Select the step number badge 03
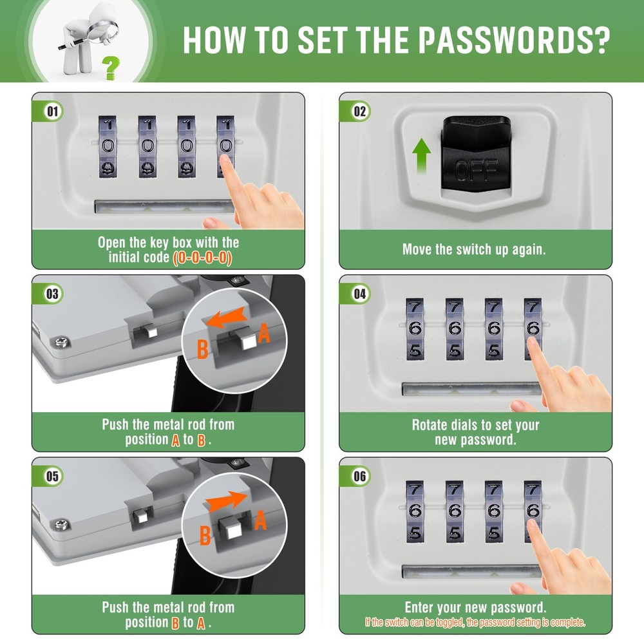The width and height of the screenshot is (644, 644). [x=52, y=294]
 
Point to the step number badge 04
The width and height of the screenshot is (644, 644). [x=359, y=294]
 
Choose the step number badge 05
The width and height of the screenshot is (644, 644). [x=52, y=476]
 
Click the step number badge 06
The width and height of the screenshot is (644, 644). [x=359, y=476]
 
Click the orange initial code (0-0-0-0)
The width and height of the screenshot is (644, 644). [x=202, y=258]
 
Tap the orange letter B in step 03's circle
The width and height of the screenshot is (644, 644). [x=202, y=350]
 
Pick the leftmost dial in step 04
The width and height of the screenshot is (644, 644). [x=415, y=328]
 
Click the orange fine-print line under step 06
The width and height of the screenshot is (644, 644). [x=475, y=622]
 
